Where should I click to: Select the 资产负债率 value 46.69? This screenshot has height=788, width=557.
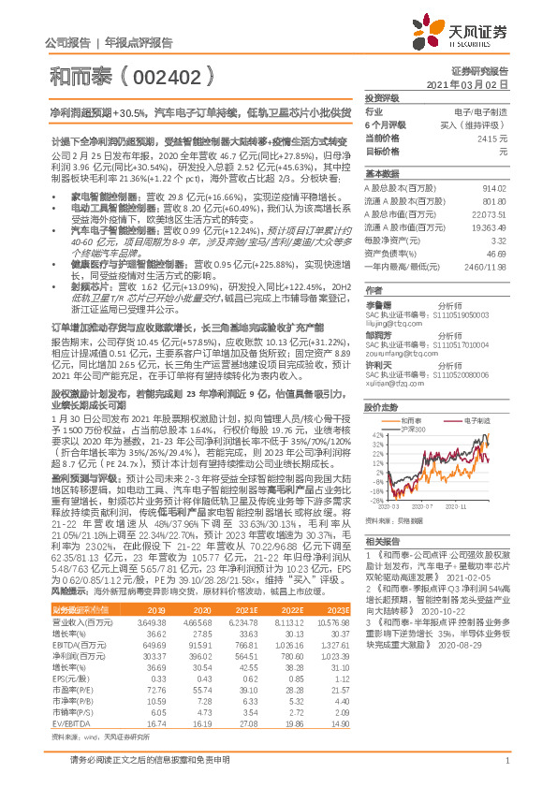(x=496, y=254)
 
